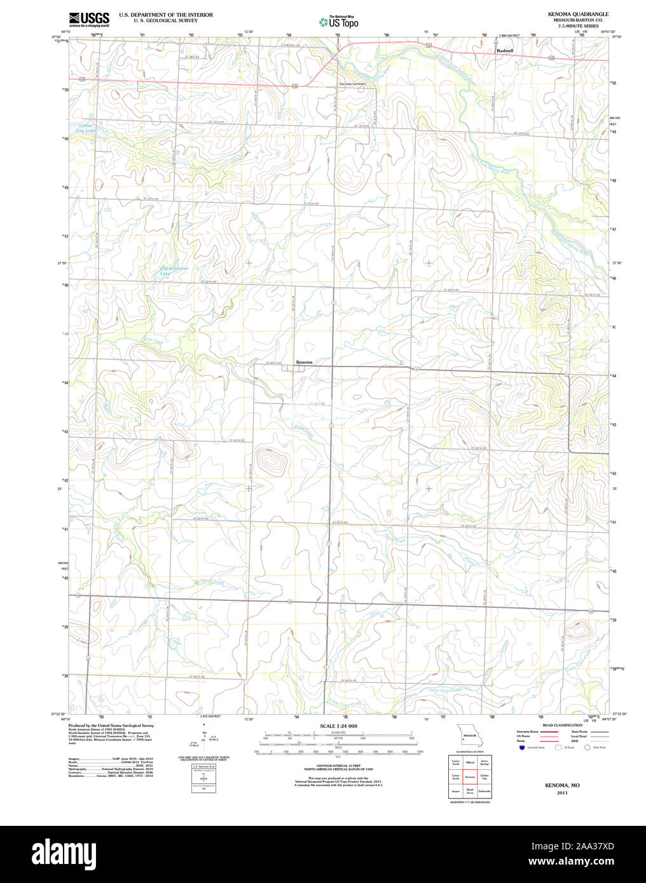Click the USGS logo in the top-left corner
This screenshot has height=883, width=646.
pyautogui.click(x=89, y=19)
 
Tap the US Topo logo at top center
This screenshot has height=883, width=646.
pyautogui.click(x=338, y=22)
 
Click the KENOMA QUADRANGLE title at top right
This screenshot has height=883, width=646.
pyautogui.click(x=578, y=14)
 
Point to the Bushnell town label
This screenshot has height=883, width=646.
pyautogui.click(x=504, y=50)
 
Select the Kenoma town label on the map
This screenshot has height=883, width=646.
pyautogui.click(x=304, y=362)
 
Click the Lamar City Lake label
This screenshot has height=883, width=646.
pyautogui.click(x=85, y=128)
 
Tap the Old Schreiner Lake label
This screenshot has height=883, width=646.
pyautogui.click(x=174, y=271)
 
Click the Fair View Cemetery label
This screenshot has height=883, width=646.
pyautogui.click(x=352, y=84)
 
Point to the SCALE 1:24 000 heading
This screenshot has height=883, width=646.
pyautogui.click(x=338, y=725)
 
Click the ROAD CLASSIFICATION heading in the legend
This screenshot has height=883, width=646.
pyautogui.click(x=562, y=725)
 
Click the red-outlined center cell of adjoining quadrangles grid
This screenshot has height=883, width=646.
pyautogui.click(x=470, y=776)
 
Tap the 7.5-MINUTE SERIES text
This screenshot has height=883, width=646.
pyautogui.click(x=578, y=26)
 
